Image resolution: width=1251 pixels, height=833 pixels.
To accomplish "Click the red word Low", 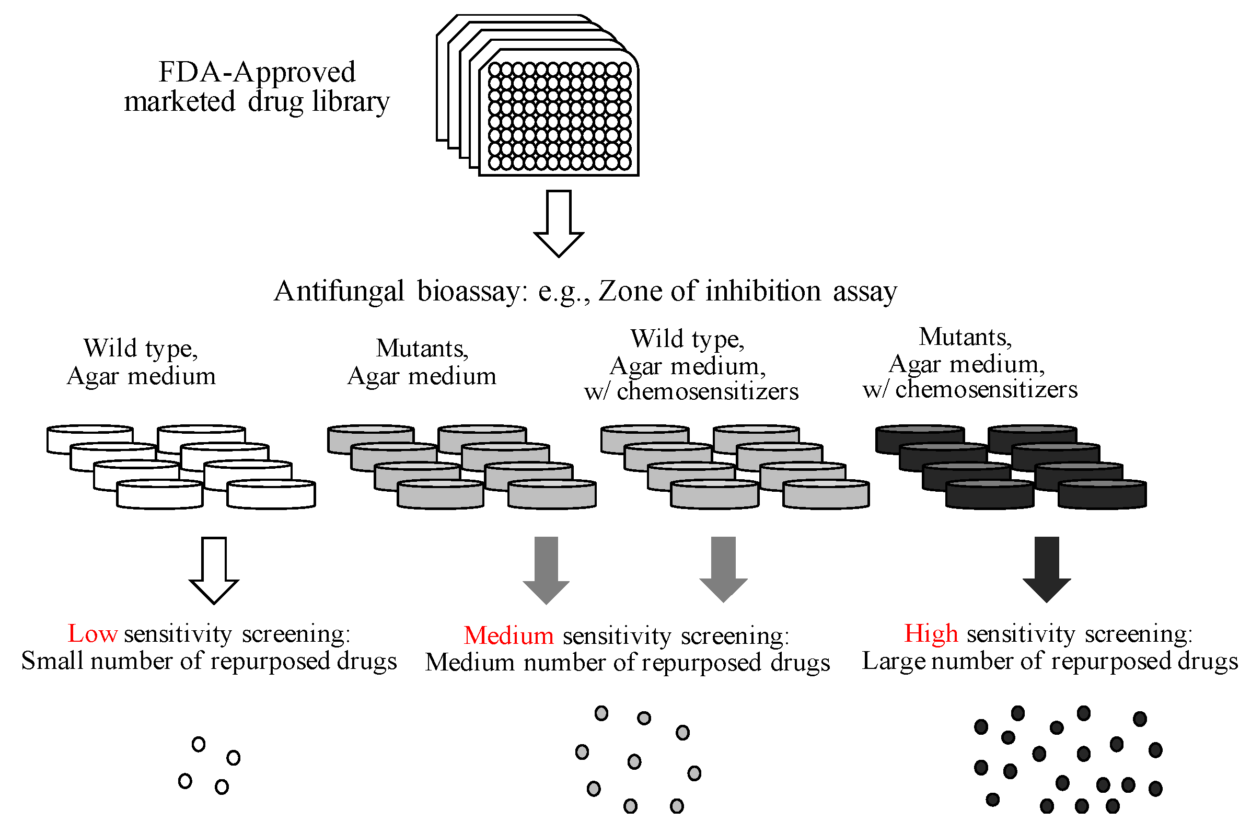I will [92, 634].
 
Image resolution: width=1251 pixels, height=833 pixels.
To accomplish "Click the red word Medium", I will [508, 636].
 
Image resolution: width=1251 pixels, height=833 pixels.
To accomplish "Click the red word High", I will [931, 634].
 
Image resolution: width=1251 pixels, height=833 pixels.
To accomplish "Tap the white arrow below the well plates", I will [558, 223].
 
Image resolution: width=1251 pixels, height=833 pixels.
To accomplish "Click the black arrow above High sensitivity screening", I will [1047, 569].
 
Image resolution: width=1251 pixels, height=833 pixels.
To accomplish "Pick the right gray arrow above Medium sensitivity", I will [723, 569].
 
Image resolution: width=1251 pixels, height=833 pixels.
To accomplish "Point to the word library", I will [351, 102].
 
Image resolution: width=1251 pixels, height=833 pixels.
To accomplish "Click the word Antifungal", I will [339, 291].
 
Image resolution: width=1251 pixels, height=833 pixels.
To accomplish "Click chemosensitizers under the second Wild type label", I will [707, 391].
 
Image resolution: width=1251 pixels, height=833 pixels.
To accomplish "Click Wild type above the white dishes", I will [141, 349].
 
